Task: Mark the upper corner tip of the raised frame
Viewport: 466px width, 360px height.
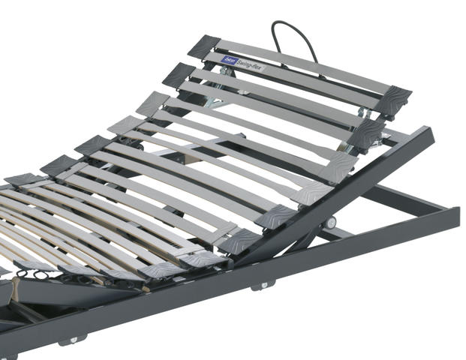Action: click(x=428, y=132)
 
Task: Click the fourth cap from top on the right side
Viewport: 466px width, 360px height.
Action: click(x=310, y=194)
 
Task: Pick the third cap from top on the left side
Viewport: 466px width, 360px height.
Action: click(x=152, y=101)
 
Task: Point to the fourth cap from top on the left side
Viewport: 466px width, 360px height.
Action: click(x=123, y=124)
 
